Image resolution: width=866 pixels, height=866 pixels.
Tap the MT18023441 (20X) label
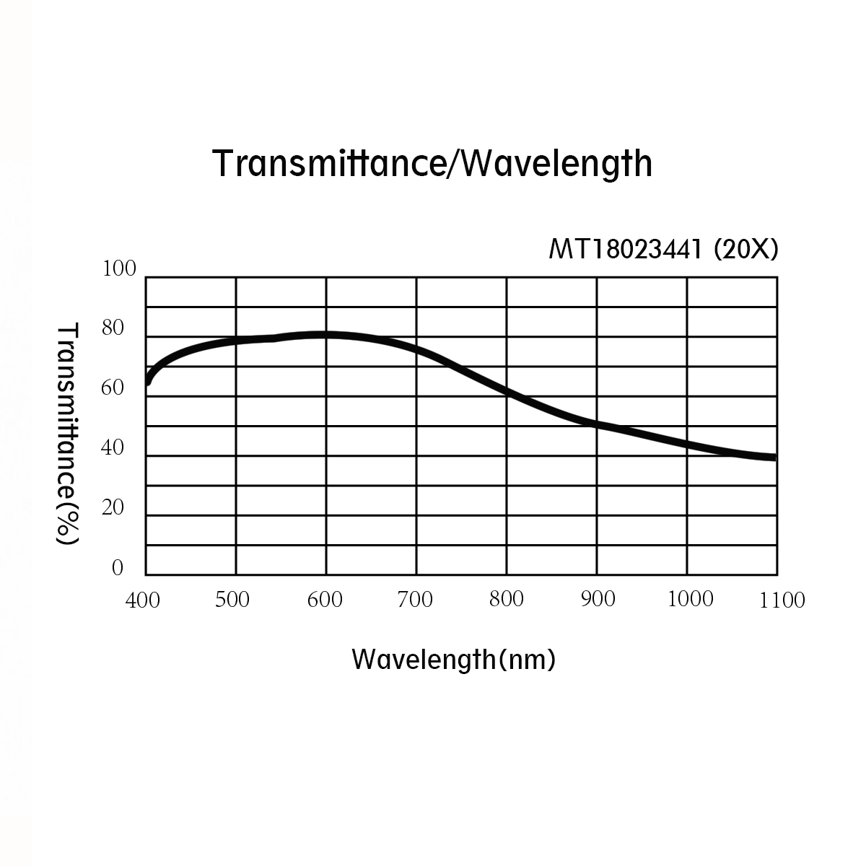coord(663,250)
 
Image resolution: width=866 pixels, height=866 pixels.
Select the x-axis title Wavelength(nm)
coord(453,658)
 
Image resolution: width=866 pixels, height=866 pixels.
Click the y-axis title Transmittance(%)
coord(66,433)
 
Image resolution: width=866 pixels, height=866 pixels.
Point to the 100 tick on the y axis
coord(119,269)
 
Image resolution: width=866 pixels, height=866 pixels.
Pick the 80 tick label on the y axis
coord(113,329)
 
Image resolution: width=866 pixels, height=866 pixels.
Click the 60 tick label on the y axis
coord(113,388)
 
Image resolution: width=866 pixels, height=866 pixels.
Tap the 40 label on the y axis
coord(113,448)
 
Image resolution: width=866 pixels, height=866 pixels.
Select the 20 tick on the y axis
coord(113,508)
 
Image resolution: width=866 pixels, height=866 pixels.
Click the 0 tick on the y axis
coord(118,569)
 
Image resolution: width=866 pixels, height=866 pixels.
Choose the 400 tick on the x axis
coord(143,600)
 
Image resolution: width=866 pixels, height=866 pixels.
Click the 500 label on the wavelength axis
coord(232,600)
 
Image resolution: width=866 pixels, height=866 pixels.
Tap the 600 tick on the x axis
coord(325,600)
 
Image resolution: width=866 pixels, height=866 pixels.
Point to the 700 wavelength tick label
coord(416,600)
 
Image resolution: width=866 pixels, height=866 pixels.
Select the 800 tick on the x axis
coord(507,599)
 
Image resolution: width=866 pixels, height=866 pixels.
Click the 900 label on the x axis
coord(598,599)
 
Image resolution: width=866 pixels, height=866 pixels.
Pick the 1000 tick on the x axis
coord(691,599)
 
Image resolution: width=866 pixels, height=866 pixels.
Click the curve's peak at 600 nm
coord(325,335)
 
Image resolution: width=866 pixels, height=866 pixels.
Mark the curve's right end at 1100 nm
coord(774,457)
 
